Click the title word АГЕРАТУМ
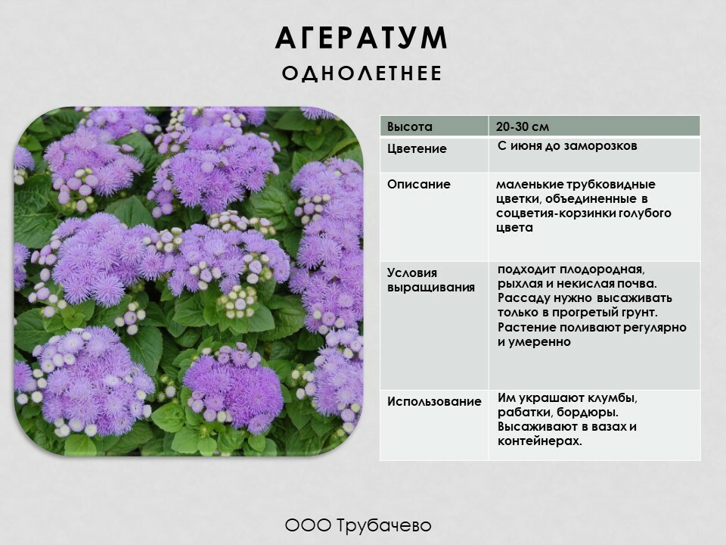point(361,38)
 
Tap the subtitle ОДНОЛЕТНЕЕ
point(361,73)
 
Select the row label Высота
point(410,126)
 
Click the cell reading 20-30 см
point(523,126)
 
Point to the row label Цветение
point(417,149)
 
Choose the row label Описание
point(418,184)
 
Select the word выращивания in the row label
point(431,288)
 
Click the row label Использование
point(434,401)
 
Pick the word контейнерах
point(539,441)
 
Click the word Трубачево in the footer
point(384,525)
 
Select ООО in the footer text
point(308,525)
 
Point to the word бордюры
point(588,413)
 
